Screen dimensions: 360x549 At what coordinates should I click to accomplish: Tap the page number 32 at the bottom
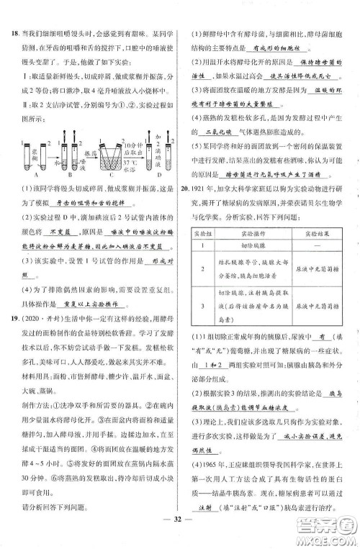(179, 535)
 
